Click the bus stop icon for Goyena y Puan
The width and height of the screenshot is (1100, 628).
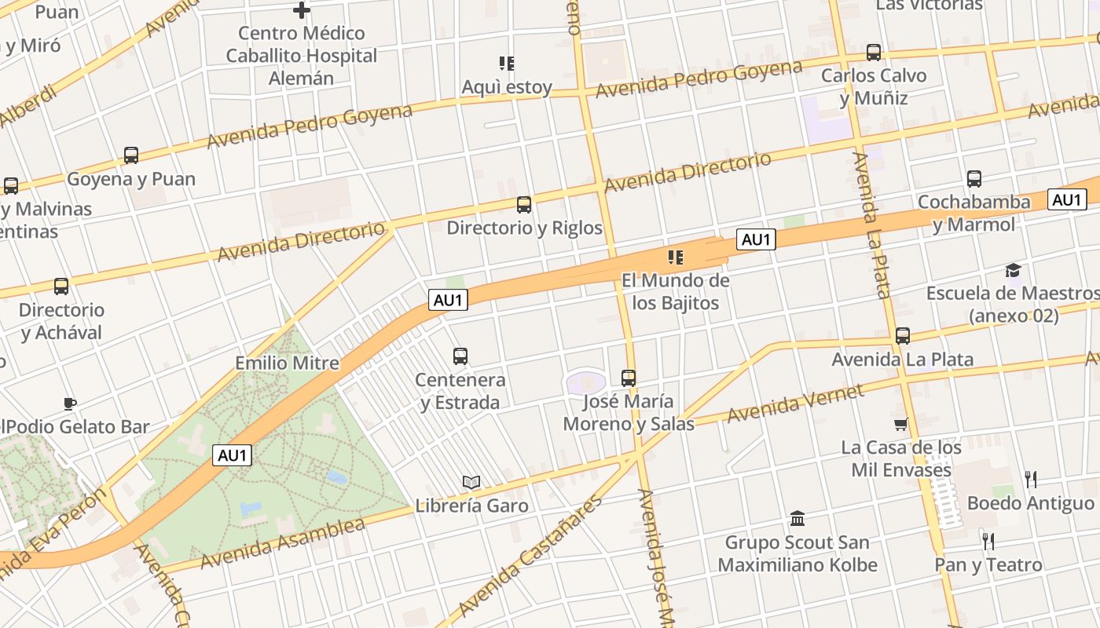coord(131,155)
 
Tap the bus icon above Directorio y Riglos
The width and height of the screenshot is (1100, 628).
coord(524,205)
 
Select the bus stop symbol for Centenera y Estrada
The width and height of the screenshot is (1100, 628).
coord(460,356)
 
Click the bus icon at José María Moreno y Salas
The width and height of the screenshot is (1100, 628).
coord(629,378)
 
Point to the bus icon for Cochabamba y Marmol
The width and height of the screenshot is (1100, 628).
coord(974,179)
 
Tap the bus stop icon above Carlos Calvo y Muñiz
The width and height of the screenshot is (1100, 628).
coord(874,53)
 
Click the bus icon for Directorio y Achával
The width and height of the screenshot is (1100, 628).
coord(61,287)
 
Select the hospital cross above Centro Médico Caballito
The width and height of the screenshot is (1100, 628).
coord(302,10)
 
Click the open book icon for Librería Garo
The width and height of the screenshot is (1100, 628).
coord(471,482)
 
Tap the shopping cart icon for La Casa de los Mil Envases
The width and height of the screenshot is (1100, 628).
coord(900,425)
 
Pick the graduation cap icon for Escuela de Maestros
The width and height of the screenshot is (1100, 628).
coord(1014,271)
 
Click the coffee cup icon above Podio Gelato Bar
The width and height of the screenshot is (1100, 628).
coord(70,404)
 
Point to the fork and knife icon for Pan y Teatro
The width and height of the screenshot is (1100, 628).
coord(988,541)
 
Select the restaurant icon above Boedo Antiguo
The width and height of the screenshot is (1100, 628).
coord(1031,479)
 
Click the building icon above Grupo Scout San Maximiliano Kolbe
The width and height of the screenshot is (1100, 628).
coord(797,519)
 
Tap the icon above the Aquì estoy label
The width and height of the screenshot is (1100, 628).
coord(507,64)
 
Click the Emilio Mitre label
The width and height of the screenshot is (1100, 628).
coord(288,363)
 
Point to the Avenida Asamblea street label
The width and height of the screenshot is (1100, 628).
coord(283,543)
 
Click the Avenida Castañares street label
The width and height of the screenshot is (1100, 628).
coord(530,557)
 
